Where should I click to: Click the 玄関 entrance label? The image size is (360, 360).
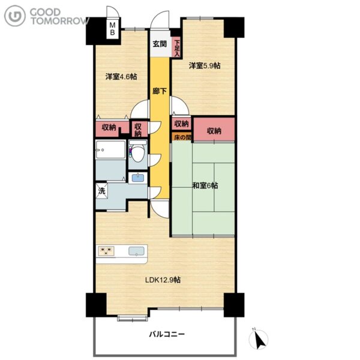pyautogui.click(x=160, y=44)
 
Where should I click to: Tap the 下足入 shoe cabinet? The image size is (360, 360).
pyautogui.click(x=176, y=47)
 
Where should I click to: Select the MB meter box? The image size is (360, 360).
pyautogui.click(x=113, y=28)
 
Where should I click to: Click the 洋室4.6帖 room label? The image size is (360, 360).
pyautogui.click(x=121, y=76)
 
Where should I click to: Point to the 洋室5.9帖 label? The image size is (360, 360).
pyautogui.click(x=205, y=65)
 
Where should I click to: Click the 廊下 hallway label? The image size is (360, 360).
pyautogui.click(x=160, y=91)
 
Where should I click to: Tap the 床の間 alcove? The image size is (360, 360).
pyautogui.click(x=182, y=137)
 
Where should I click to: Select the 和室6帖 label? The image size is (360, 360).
pyautogui.click(x=205, y=185)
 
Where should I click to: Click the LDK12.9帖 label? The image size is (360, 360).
pyautogui.click(x=163, y=280)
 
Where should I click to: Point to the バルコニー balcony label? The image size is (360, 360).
pyautogui.click(x=167, y=334)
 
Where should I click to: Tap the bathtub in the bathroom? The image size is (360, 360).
pyautogui.click(x=110, y=149)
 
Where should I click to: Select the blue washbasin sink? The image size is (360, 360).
pyautogui.click(x=138, y=178)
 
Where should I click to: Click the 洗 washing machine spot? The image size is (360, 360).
pyautogui.click(x=101, y=191)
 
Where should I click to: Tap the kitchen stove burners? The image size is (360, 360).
pyautogui.click(x=106, y=250)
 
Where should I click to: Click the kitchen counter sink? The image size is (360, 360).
pyautogui.click(x=136, y=251)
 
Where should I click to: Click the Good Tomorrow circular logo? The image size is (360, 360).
pyautogui.click(x=15, y=16)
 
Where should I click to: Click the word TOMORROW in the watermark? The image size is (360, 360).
pyautogui.click(x=60, y=20)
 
